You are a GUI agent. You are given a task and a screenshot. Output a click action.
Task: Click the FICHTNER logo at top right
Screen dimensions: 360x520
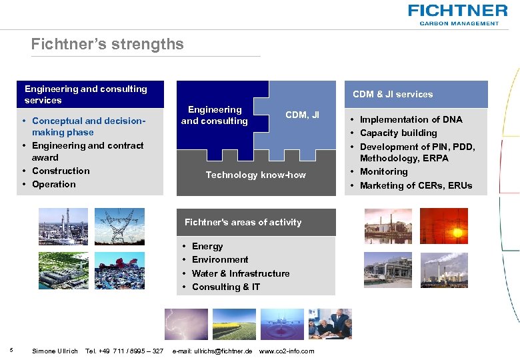click(458, 13)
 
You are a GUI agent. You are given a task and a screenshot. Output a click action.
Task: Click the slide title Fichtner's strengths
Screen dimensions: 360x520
click(107, 44)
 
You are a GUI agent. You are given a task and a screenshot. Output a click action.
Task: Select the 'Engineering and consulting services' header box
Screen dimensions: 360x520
click(90, 94)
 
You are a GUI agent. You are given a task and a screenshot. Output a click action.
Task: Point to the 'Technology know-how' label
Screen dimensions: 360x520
click(255, 175)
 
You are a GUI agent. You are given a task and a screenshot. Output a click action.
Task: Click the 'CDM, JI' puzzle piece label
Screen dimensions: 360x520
click(302, 115)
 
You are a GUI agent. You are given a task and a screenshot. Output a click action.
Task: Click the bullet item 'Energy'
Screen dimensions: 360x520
click(207, 246)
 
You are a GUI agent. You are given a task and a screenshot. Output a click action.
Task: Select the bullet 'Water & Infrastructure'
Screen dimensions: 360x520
click(240, 273)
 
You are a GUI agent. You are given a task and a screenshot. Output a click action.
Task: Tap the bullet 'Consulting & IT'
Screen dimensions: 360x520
click(225, 287)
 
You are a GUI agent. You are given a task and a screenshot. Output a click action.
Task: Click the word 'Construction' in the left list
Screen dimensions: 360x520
click(61, 171)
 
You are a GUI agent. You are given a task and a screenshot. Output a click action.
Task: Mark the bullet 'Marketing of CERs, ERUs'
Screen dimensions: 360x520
click(415, 185)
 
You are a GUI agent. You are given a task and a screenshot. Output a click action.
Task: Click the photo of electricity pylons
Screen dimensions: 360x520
click(119, 226)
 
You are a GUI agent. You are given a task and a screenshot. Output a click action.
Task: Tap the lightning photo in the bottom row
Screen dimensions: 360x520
click(186, 325)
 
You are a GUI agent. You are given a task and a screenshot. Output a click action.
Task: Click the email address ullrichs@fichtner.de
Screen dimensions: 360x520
click(212, 351)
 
